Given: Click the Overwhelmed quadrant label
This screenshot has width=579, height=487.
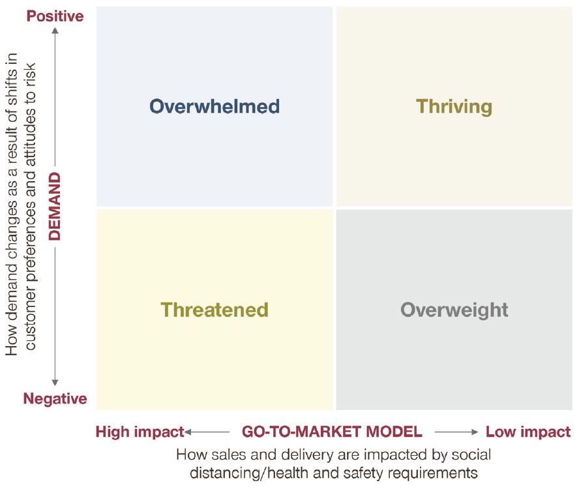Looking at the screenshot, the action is click(x=215, y=106).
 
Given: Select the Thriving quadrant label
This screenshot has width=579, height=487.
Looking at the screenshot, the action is click(x=454, y=107).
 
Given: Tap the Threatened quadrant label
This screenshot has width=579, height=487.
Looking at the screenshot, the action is click(x=215, y=310).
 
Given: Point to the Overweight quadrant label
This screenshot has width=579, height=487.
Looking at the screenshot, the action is click(x=454, y=310).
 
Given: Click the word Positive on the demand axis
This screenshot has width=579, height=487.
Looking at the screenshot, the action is click(x=55, y=16).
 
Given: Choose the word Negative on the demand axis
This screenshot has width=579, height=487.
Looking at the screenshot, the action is click(x=55, y=399).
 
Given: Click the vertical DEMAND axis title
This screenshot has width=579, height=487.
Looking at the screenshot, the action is click(x=55, y=207).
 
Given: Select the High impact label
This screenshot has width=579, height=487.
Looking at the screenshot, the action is click(x=140, y=432).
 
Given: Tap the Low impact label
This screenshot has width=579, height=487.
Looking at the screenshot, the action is click(x=528, y=432).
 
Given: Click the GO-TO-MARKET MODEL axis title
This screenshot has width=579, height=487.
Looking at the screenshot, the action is click(x=332, y=432).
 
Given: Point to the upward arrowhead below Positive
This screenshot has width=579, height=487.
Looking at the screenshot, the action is click(x=55, y=31).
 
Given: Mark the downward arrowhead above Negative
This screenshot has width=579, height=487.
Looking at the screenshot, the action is click(x=55, y=383).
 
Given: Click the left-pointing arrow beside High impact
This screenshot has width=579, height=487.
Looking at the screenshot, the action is click(x=207, y=432).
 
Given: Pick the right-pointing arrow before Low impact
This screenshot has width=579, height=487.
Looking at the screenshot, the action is click(x=456, y=432).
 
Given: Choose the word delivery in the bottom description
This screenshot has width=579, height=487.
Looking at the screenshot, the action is click(x=305, y=455).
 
